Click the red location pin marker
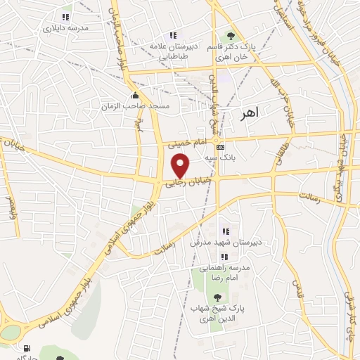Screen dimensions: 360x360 tap(181, 165)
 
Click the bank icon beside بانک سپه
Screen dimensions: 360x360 tap(221, 147)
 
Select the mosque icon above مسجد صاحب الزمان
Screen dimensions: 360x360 tap(135, 96)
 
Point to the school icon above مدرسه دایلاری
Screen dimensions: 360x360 tap(65, 17)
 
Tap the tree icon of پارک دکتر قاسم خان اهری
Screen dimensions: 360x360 tap(229, 37)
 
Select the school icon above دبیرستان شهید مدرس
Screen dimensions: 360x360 tap(225, 231)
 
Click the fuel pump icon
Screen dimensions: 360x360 tap(27, 348)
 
